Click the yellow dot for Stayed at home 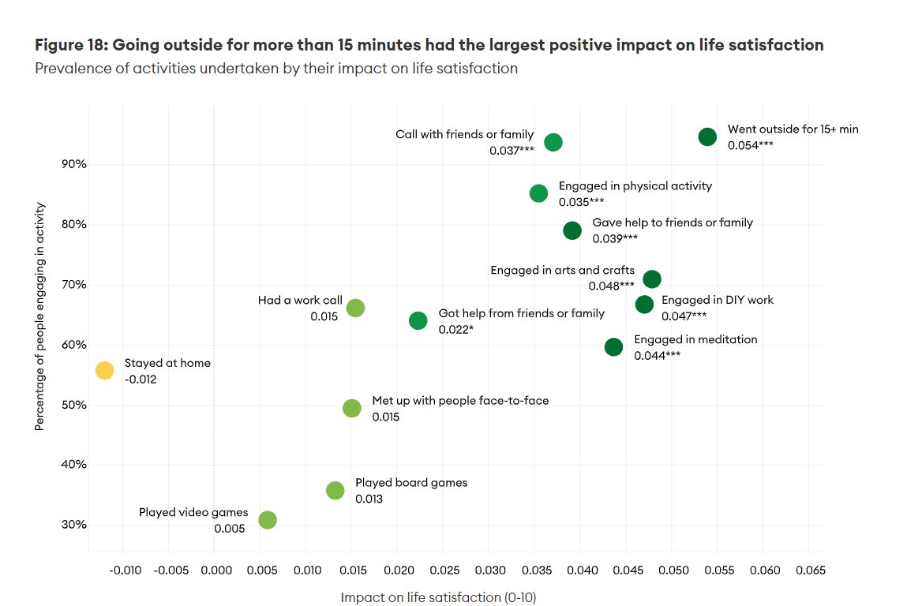(x=104, y=370)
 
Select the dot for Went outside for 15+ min (x=707, y=137)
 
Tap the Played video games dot (x=268, y=520)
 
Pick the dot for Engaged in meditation (x=613, y=347)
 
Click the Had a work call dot (x=355, y=308)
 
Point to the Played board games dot (x=335, y=491)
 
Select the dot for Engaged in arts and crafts (x=652, y=279)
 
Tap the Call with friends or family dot (x=553, y=142)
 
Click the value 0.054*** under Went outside (x=750, y=145)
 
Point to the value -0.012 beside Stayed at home (x=141, y=380)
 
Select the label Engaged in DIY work (x=717, y=300)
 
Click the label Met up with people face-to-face (x=460, y=400)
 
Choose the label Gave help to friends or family (x=673, y=223)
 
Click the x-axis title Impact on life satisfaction (x=438, y=597)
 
